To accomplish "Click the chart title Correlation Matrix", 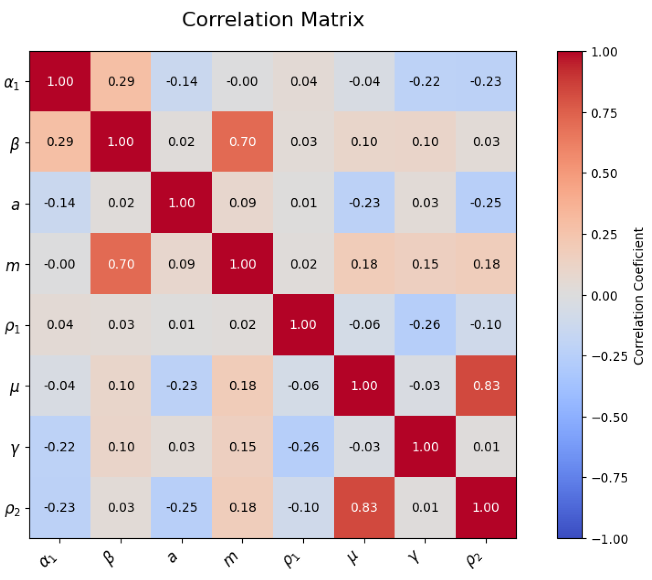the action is pos(273,20).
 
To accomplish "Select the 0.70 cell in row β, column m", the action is pos(242,141).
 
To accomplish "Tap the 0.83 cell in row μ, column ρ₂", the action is pos(486,385).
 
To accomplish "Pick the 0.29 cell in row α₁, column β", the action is pos(121,81).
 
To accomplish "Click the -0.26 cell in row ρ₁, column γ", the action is pos(425,324).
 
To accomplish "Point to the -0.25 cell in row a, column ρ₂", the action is pos(486,203).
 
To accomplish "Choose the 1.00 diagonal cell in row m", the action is pos(242,264).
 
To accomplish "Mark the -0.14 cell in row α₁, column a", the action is pos(182,81).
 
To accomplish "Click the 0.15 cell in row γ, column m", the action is pos(242,447).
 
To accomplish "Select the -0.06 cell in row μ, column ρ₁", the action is pos(304,385).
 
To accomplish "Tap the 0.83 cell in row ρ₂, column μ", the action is pos(364,507).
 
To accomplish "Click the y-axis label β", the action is pos(15,143).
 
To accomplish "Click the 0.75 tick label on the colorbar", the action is pos(604,113).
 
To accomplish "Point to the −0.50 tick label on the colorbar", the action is pos(610,418).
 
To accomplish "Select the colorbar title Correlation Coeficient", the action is pos(638,296).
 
